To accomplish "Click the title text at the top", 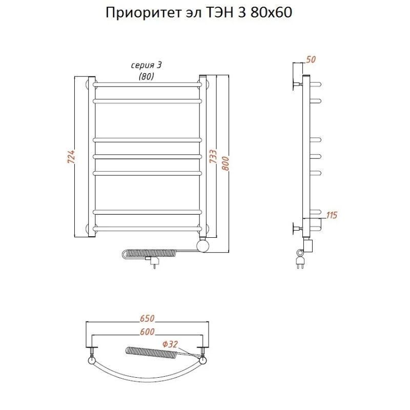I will (199, 13).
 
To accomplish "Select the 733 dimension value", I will (213, 157).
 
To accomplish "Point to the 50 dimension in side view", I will (310, 60).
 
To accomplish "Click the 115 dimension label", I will (331, 215).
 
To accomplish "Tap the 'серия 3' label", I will (147, 65).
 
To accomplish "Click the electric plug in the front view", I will (154, 262).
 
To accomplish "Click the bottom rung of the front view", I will (147, 228).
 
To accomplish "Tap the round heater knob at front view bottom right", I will (203, 247).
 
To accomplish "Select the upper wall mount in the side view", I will (296, 84).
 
